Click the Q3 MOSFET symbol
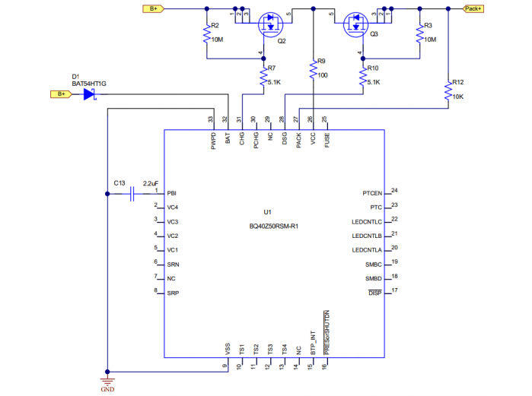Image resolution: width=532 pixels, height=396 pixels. click(355, 23)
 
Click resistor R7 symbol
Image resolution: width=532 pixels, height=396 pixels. click(263, 77)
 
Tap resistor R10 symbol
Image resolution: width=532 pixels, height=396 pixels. click(362, 77)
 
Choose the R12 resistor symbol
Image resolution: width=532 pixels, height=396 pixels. click(448, 92)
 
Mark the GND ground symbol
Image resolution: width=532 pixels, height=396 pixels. click(107, 381)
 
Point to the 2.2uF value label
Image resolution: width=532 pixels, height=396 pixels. click(150, 183)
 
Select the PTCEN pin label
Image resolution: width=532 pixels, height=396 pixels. click(373, 193)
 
